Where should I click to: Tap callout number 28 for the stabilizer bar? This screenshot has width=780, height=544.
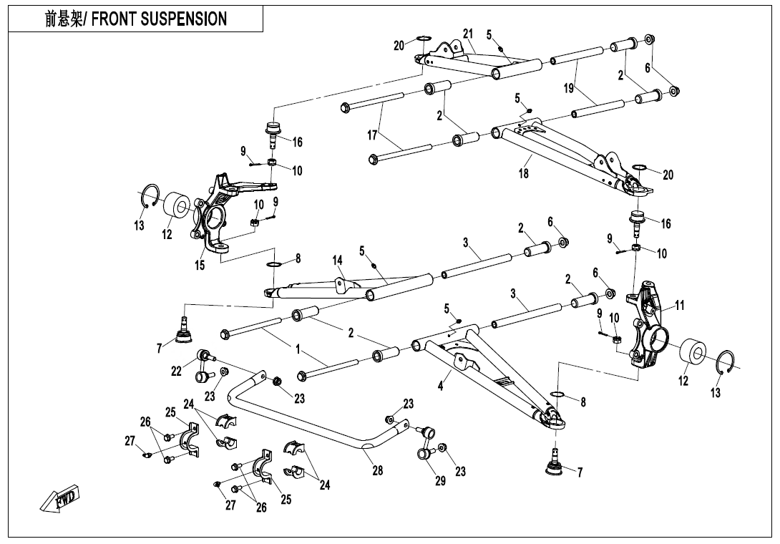[x=378, y=470]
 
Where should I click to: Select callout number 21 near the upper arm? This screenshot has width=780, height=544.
[x=468, y=34]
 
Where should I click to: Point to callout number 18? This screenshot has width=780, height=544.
[x=524, y=174]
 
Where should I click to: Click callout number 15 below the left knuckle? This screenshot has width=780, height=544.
[x=201, y=266]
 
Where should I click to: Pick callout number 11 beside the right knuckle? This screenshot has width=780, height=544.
[x=680, y=306]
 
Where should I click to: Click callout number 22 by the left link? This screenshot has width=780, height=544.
[x=177, y=370]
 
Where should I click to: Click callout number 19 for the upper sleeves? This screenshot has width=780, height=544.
[x=568, y=88]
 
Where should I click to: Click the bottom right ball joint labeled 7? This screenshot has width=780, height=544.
[x=555, y=467]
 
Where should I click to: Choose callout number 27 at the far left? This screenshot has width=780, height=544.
[x=130, y=442]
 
